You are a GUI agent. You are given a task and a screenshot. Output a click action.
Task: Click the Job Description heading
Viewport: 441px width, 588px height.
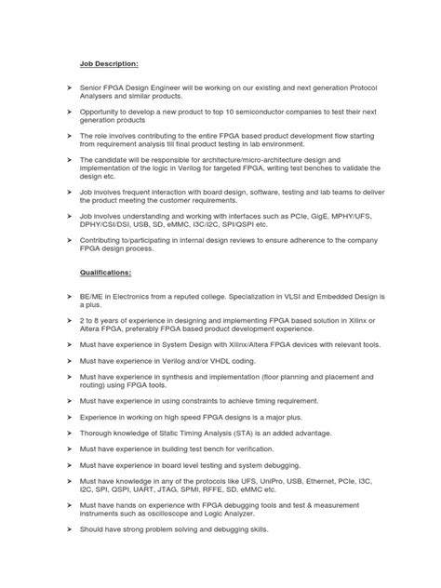[x=104, y=64]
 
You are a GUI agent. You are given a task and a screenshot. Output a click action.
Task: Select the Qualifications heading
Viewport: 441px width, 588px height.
[x=105, y=273]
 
